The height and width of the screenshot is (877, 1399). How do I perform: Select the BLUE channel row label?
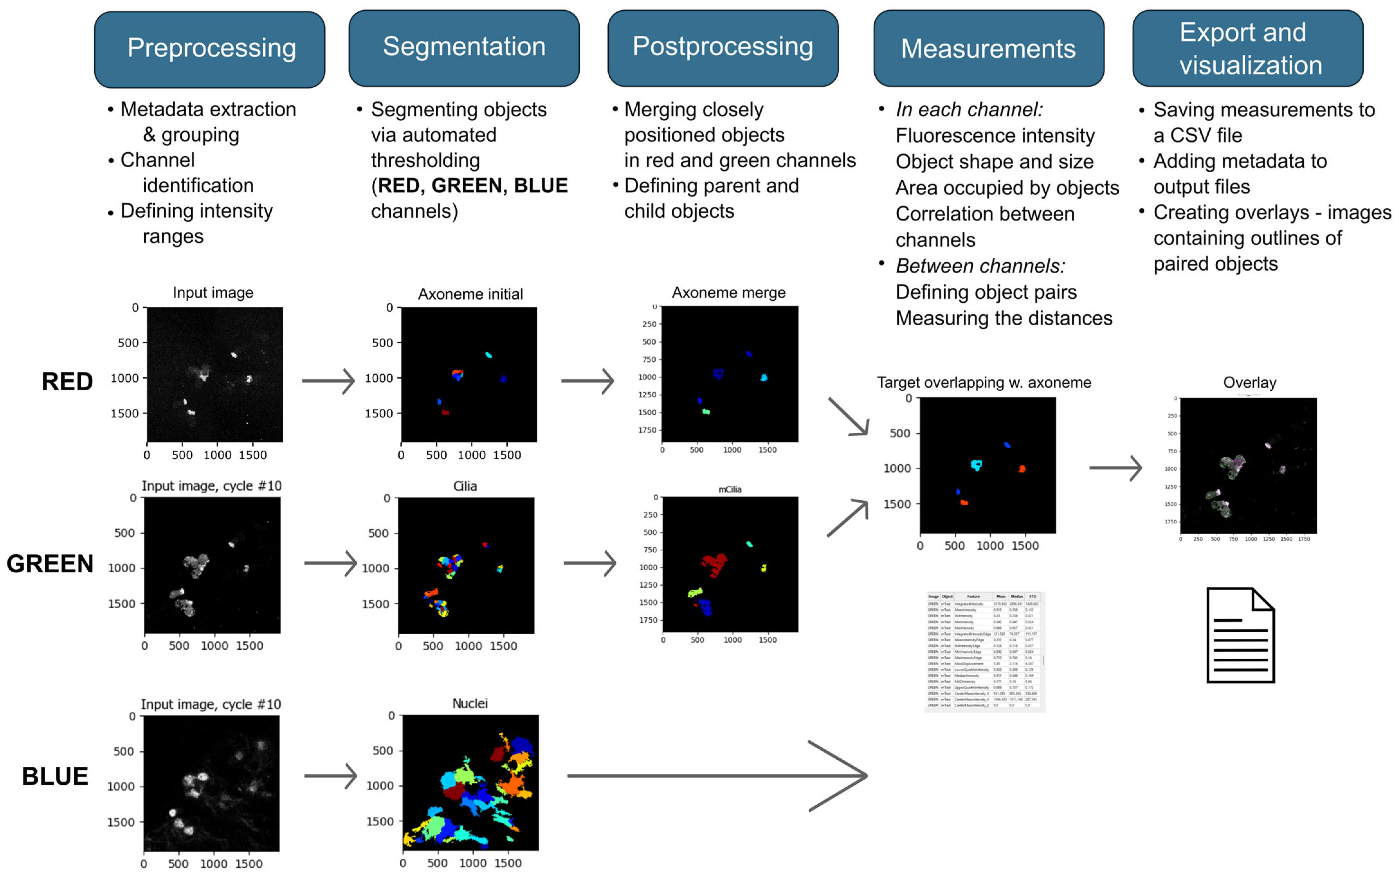[55, 776]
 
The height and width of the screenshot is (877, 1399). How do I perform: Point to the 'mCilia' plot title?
[730, 490]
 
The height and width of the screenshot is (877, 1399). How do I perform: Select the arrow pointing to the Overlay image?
[1115, 468]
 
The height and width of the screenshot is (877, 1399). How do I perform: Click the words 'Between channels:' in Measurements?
[980, 266]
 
